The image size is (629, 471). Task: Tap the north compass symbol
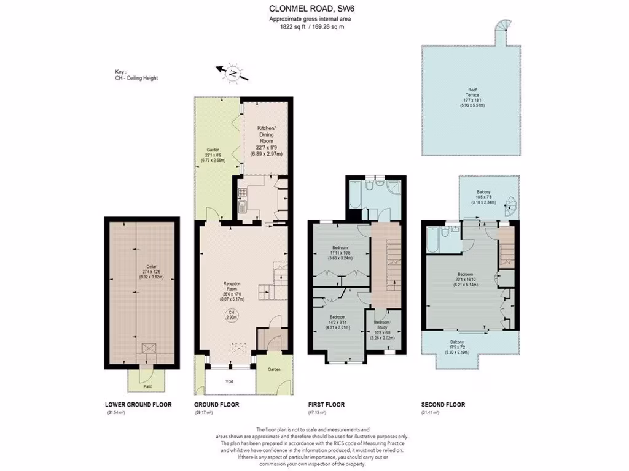[x=233, y=73]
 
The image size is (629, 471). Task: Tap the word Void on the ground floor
[x=230, y=381]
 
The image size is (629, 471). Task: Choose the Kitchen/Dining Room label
[x=265, y=140]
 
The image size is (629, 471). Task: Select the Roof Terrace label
[x=472, y=97]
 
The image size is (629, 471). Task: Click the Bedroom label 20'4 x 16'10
[x=465, y=277]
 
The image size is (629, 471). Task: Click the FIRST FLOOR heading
[x=326, y=405]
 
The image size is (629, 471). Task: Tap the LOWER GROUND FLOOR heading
[x=138, y=405]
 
